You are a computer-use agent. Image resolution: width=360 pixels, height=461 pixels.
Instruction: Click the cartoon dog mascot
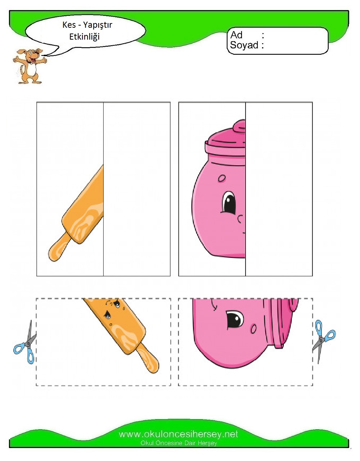[30, 66]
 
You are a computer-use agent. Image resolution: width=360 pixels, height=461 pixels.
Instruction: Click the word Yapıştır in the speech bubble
[97, 25]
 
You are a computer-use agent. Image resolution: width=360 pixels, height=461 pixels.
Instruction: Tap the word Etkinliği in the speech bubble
[84, 37]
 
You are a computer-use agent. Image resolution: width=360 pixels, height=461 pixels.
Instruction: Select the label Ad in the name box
[236, 35]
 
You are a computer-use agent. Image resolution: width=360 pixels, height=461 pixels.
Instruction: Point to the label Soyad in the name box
[244, 45]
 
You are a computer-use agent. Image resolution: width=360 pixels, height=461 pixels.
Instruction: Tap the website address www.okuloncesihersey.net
[179, 434]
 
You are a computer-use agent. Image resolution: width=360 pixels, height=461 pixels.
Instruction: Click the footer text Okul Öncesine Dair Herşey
[179, 443]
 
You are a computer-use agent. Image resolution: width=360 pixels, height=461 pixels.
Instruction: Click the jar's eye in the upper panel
[229, 202]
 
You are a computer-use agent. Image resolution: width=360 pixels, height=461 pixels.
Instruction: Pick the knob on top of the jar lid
[239, 126]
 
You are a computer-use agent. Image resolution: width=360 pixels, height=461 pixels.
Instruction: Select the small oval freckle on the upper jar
[222, 178]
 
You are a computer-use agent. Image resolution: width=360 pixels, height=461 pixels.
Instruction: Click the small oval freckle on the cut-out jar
[253, 328]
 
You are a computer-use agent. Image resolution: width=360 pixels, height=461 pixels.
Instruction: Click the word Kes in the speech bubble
[69, 25]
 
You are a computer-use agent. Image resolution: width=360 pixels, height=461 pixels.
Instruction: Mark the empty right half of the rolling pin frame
[137, 189]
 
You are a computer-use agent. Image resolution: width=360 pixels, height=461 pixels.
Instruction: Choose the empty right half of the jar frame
[279, 189]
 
